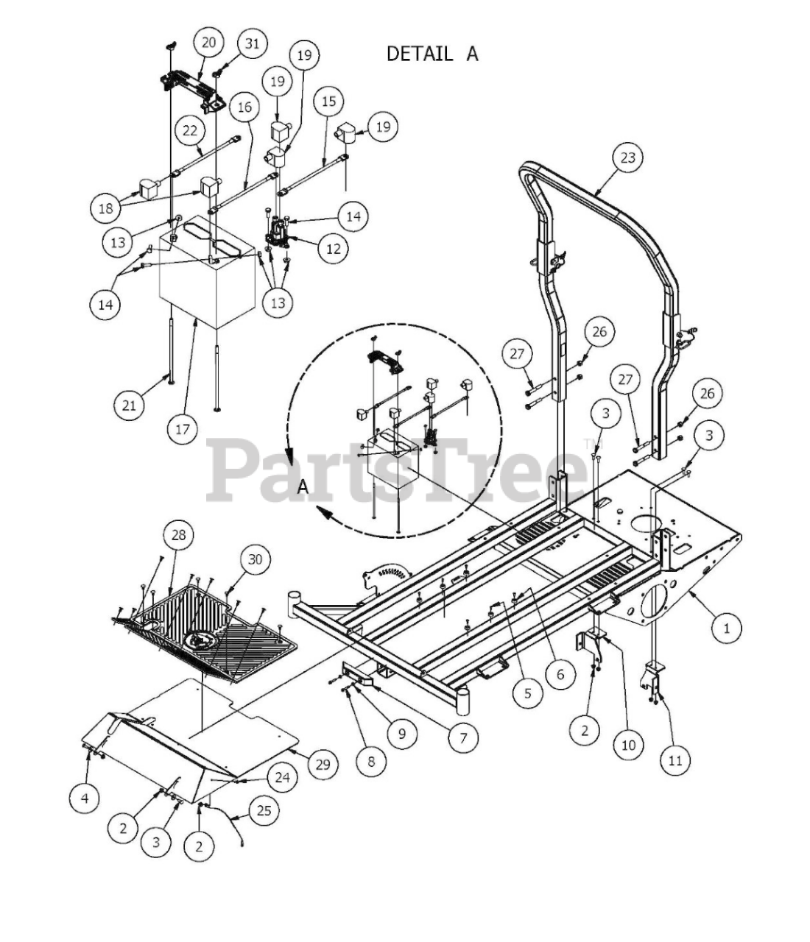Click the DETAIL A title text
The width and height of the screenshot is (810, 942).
point(432,54)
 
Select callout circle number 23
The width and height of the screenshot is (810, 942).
point(628,157)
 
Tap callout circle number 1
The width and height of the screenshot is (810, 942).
point(726,628)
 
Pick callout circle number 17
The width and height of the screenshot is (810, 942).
point(183,429)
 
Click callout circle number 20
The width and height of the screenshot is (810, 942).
point(208,43)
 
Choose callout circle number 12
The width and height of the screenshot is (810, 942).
point(334,249)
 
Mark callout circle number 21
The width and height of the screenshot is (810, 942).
point(129,405)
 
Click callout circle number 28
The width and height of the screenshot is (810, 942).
point(178,534)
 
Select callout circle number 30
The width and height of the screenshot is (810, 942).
point(255,559)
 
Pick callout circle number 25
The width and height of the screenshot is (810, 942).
point(264,810)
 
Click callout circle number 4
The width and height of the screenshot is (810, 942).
point(85,798)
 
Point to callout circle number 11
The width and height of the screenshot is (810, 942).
point(675,760)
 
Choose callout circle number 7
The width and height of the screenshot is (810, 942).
point(463,737)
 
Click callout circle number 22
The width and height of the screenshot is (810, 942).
point(190,131)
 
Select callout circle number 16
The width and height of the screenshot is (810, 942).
point(245,107)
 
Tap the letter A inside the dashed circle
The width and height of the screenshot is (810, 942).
point(303,487)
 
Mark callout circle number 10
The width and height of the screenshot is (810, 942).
point(628,745)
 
